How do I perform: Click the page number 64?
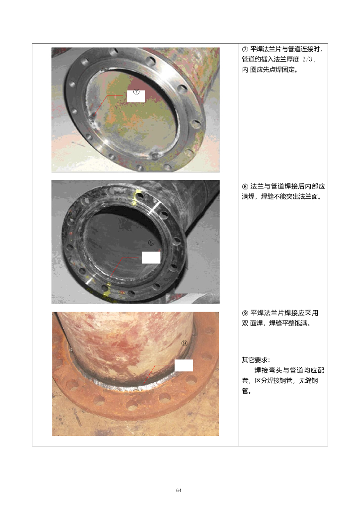pos(179,490)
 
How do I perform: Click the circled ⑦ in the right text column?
pos(245,49)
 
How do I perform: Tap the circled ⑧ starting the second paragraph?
pos(245,186)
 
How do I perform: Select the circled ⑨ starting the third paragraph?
pos(245,313)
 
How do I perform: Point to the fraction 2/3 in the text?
pos(307,59)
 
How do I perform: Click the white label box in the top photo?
pos(136,96)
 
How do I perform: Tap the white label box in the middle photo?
pos(151,257)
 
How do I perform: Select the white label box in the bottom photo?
pos(184,365)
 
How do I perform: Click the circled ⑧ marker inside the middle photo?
pos(151,243)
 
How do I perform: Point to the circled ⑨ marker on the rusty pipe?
pos(184,343)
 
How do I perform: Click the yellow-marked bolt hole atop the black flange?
pos(140,196)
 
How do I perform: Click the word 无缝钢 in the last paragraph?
pos(308,380)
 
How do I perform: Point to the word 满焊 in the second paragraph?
pos(248,197)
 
